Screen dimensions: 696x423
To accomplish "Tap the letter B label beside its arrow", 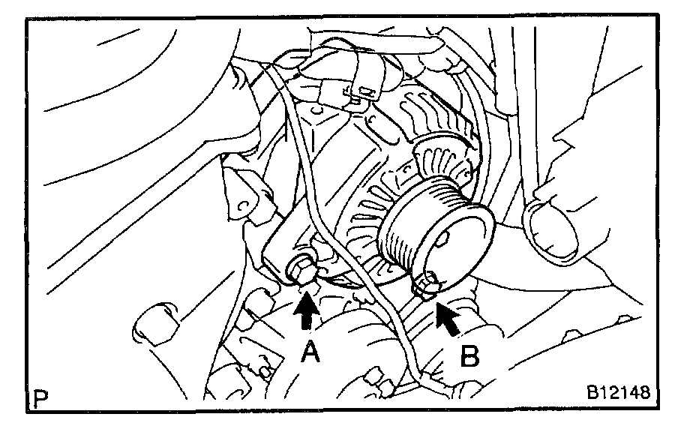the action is [x=469, y=355].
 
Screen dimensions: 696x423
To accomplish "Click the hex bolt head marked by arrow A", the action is [x=301, y=270].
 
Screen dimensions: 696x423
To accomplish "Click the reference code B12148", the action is [x=618, y=393].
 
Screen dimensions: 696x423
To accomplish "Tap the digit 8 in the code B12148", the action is [x=643, y=393].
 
